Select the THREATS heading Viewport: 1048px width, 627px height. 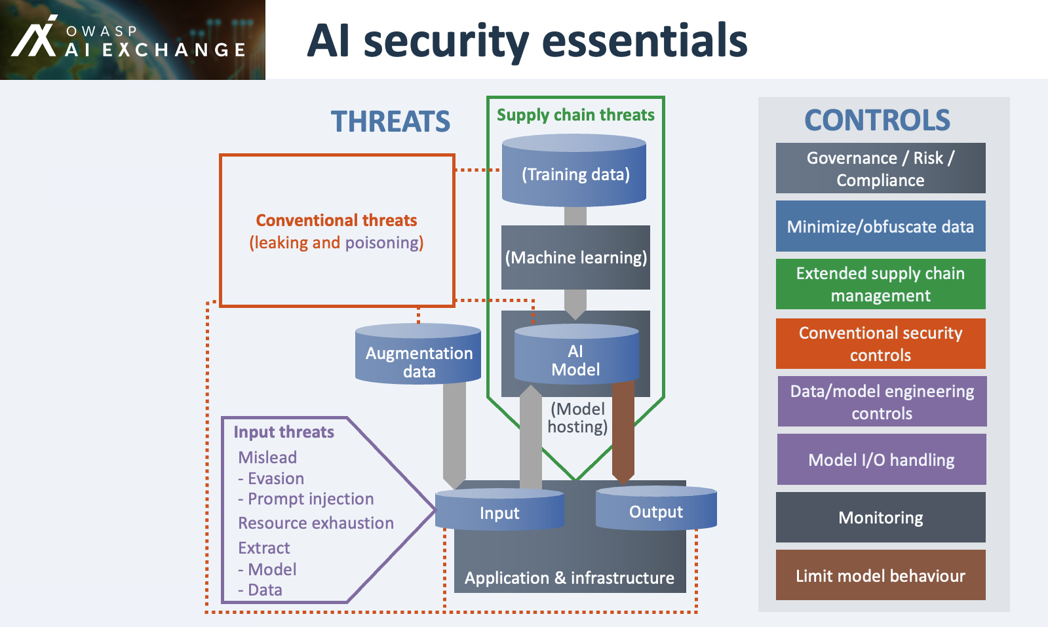(x=390, y=122)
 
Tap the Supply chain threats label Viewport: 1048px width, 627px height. (x=575, y=115)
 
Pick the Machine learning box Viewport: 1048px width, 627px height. (x=575, y=257)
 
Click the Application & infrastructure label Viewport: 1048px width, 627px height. (x=569, y=577)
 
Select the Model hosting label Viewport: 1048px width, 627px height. (x=577, y=418)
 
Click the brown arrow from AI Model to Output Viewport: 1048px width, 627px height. (x=623, y=432)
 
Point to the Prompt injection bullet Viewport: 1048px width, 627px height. (x=306, y=499)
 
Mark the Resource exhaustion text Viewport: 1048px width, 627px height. (x=316, y=523)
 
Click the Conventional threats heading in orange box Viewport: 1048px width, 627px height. (x=336, y=220)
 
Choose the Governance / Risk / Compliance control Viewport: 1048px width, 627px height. (x=880, y=168)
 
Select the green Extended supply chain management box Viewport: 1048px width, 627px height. (x=880, y=284)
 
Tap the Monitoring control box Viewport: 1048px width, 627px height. (x=880, y=518)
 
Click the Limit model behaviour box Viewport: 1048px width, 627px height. (x=880, y=575)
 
